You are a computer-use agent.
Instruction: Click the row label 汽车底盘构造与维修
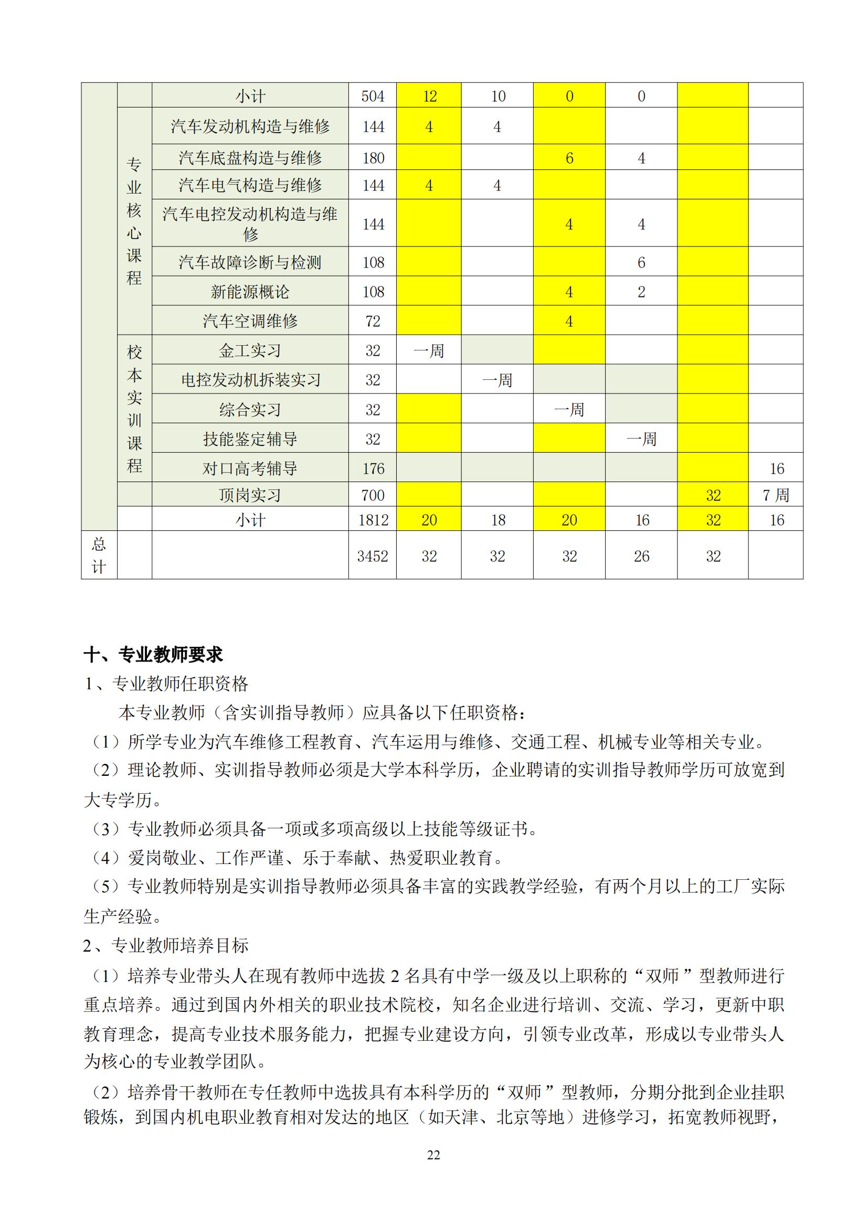[x=250, y=158]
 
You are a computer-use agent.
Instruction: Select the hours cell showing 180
[x=373, y=158]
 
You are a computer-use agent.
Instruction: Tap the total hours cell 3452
[x=373, y=556]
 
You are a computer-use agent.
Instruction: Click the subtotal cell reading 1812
[x=373, y=520]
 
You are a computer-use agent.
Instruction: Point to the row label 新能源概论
[x=250, y=292]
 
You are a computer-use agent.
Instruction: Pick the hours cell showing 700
[x=373, y=495]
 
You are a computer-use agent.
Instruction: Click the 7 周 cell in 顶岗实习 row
[x=776, y=495]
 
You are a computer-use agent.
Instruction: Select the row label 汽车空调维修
[x=250, y=321]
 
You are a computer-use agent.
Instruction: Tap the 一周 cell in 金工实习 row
[x=429, y=350]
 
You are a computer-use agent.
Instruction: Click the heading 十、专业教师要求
[x=153, y=655]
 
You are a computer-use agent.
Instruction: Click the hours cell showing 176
[x=373, y=468]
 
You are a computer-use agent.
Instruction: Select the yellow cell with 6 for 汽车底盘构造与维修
[x=569, y=158]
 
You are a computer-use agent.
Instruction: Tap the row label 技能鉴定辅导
[x=250, y=439]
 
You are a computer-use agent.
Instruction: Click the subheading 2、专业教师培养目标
[x=166, y=946]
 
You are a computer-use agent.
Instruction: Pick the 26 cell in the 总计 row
[x=641, y=556]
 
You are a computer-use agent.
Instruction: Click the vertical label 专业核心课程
[x=134, y=221]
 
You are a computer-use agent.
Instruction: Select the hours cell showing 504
[x=373, y=97]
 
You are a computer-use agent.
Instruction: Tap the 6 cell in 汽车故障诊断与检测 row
[x=641, y=262]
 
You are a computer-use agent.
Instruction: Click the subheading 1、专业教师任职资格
[x=166, y=684]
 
